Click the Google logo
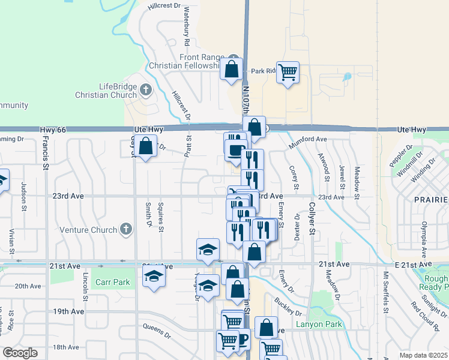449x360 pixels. (20, 353)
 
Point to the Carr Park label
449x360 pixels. (112, 281)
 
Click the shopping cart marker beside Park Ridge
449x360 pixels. (288, 73)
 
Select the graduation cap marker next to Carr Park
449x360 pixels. (154, 277)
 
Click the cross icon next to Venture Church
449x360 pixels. (125, 229)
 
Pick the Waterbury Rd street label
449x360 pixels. (187, 27)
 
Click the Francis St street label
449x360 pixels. (45, 152)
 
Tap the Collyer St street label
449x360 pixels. (312, 217)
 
